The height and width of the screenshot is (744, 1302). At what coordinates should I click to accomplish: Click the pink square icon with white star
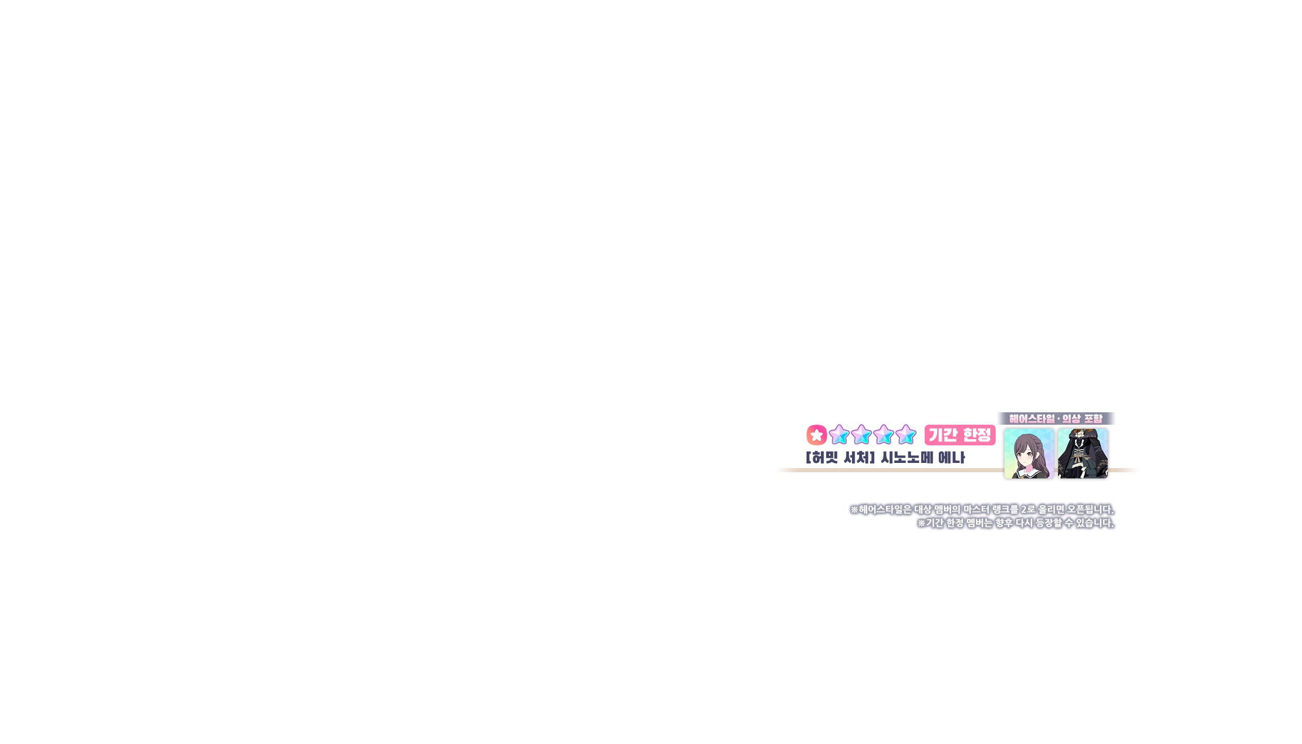(816, 435)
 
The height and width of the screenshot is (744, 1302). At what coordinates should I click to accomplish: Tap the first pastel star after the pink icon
(839, 435)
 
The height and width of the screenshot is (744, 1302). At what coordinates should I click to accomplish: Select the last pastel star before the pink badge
(906, 435)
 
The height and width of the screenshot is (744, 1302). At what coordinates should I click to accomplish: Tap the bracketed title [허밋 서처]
(840, 458)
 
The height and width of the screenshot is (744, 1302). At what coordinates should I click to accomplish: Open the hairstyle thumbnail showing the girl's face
(1029, 454)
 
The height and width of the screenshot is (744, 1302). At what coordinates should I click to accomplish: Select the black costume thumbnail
(1082, 454)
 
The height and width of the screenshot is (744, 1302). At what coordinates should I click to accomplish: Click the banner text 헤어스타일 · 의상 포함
(1056, 419)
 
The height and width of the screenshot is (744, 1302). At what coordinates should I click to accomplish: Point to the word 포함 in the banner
(1092, 419)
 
